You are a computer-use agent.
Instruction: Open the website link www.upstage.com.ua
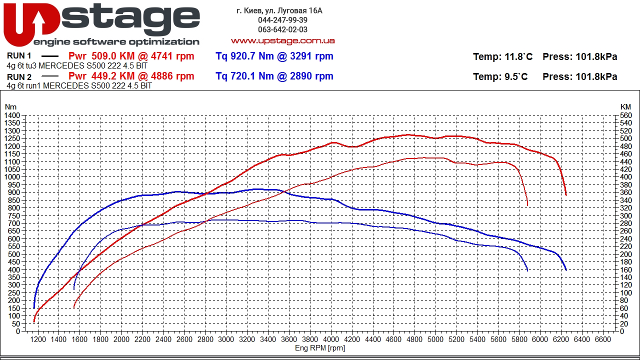pos(282,40)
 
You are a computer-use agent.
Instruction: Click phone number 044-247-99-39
pos(282,20)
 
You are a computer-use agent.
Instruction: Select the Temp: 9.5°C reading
pos(500,77)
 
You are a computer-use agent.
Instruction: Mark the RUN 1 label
pos(19,56)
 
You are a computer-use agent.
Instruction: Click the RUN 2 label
pos(19,77)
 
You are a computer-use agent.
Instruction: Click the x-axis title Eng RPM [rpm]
pos(319,348)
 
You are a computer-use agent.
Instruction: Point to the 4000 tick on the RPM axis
pos(330,339)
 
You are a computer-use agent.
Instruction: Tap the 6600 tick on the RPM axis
pos(602,339)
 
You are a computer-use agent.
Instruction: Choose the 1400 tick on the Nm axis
pos(12,115)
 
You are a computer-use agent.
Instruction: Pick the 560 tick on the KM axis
pos(625,115)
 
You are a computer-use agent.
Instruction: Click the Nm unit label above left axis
pos(10,106)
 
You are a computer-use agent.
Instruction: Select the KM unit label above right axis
pos(625,106)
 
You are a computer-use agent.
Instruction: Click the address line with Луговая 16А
pos(279,10)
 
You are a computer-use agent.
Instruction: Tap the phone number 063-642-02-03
pos(282,29)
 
